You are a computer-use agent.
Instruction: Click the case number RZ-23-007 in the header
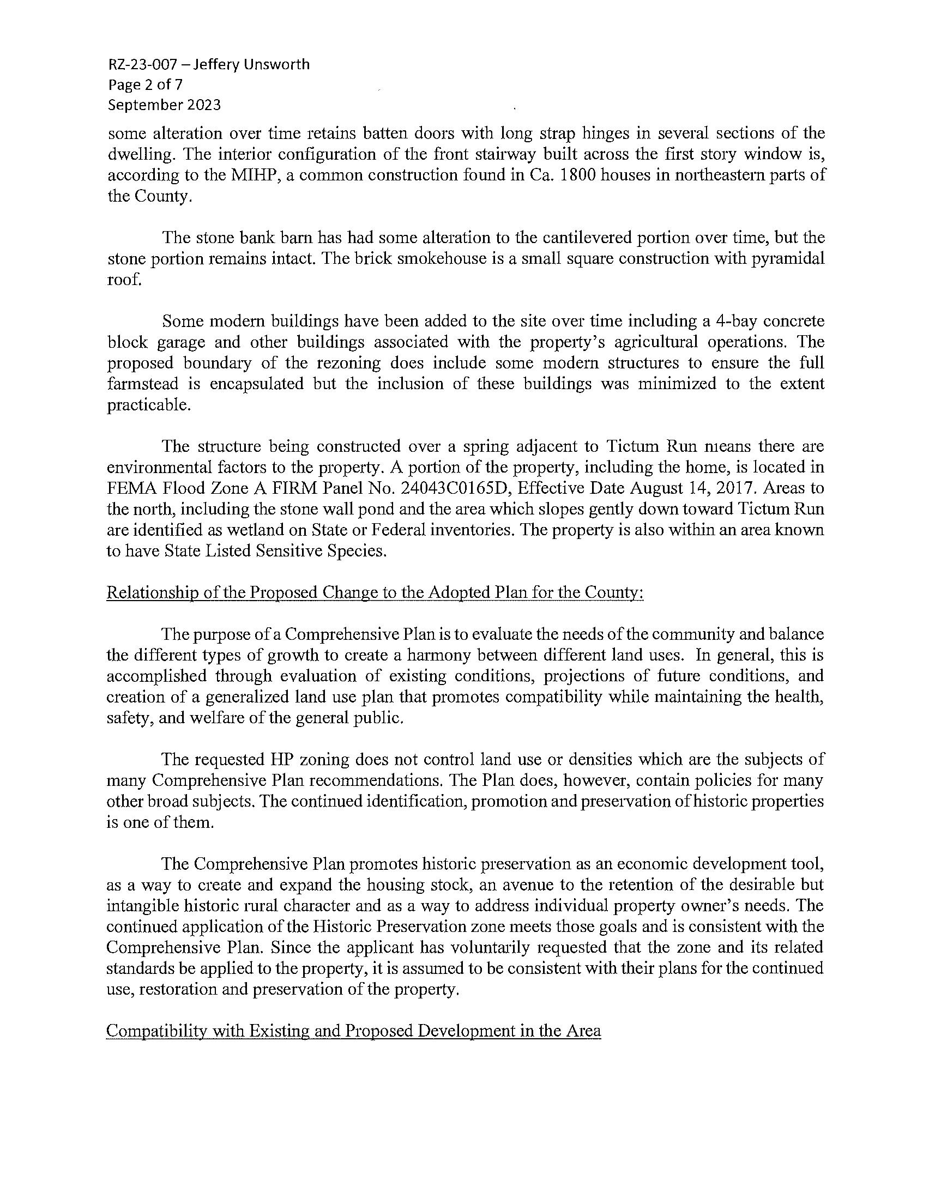tap(142, 65)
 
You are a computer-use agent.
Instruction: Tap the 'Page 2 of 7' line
tap(146, 85)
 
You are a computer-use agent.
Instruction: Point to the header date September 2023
tap(164, 105)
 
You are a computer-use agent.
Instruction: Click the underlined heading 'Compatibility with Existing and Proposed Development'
tap(354, 1031)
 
